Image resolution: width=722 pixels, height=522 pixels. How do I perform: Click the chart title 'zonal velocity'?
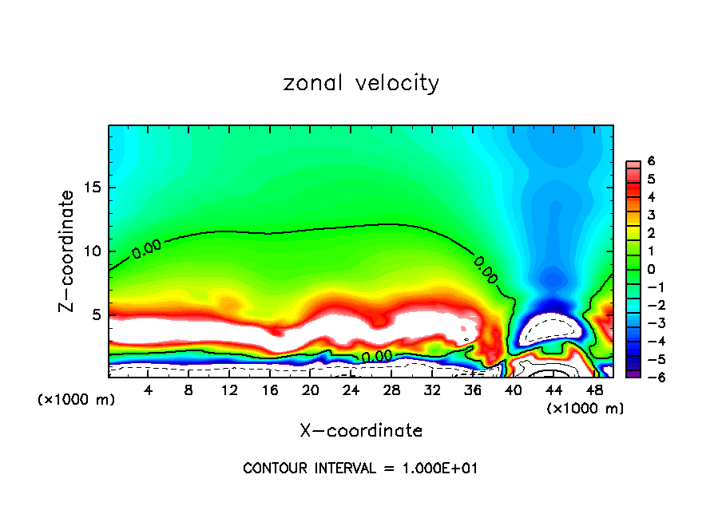click(x=361, y=83)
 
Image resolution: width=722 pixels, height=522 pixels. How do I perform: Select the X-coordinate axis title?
click(x=361, y=431)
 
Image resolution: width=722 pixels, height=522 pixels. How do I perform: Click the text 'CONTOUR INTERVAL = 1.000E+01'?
click(x=360, y=468)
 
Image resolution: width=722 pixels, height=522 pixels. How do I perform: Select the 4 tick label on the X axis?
click(x=149, y=391)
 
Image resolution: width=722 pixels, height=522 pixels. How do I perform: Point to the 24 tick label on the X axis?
click(x=351, y=391)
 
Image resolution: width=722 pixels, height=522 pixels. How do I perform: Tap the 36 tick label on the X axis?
click(x=472, y=391)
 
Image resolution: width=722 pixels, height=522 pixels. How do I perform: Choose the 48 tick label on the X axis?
click(x=593, y=391)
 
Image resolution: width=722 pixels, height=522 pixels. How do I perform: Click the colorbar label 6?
click(x=651, y=161)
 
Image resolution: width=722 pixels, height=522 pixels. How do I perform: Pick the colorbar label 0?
click(x=651, y=269)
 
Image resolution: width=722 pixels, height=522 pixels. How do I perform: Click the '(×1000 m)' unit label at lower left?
click(x=77, y=400)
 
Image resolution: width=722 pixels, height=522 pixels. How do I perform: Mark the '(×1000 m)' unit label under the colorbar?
click(x=585, y=409)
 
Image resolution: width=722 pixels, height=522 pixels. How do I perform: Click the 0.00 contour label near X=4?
click(x=147, y=248)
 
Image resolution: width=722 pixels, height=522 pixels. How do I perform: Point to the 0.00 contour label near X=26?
click(x=376, y=356)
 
